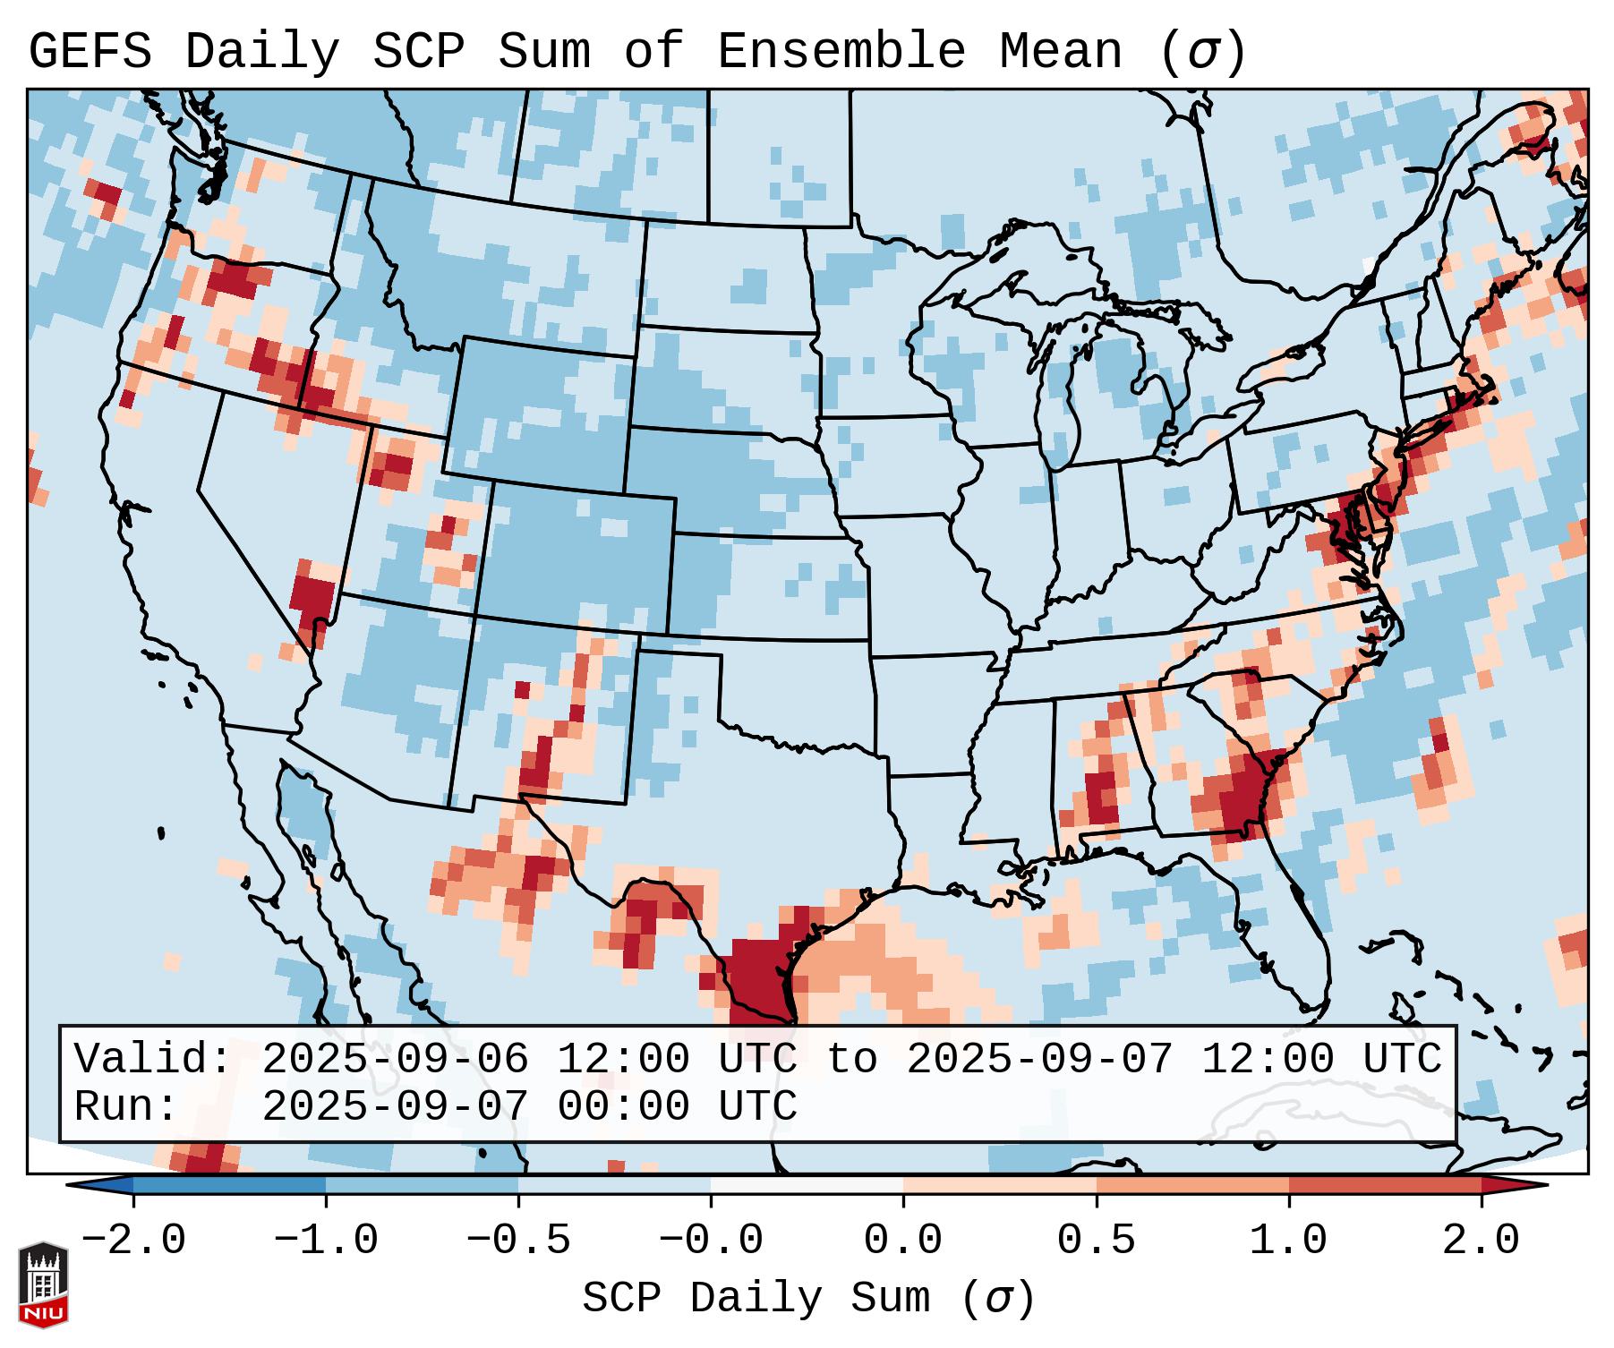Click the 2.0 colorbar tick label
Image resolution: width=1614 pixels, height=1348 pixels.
1481,1241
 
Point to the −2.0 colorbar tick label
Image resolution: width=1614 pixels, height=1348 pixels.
133,1241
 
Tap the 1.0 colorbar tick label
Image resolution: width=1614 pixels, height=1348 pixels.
1288,1241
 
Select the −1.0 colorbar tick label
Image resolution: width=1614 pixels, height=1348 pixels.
326,1241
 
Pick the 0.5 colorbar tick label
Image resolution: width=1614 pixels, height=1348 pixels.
1096,1241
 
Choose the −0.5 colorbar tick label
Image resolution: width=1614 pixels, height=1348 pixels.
518,1241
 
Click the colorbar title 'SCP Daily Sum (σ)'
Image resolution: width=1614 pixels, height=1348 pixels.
808,1299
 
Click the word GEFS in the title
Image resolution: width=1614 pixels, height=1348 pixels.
90,52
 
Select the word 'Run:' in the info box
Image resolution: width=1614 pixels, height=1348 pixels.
127,1106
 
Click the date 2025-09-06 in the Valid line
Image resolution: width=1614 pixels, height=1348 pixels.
396,1059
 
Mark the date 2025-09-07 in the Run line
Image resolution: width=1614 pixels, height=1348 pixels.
396,1106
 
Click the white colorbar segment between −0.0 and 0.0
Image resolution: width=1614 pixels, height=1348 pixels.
807,1185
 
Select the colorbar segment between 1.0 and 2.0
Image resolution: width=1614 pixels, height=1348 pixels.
1384,1185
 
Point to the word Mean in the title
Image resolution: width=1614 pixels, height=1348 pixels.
1061,52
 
